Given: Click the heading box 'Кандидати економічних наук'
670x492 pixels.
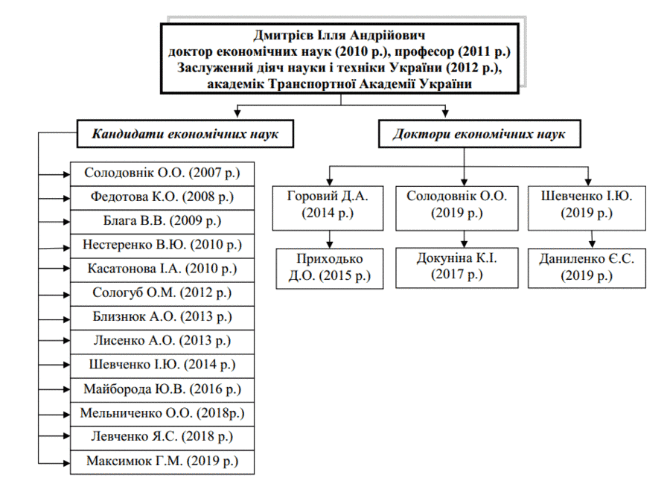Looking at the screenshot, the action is [185, 134].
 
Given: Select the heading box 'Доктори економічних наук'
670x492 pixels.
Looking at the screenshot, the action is [479, 134].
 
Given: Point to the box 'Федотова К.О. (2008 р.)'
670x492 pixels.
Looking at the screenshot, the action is [162, 197].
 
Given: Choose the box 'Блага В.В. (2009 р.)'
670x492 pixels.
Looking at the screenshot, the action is [162, 221].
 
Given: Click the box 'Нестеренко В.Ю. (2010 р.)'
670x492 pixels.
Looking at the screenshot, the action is [162, 246].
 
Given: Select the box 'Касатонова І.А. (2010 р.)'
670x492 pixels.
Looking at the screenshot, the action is [162, 269].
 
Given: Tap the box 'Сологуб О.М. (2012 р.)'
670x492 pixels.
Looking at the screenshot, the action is [162, 293].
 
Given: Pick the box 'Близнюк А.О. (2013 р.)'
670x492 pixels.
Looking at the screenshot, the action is [162, 317].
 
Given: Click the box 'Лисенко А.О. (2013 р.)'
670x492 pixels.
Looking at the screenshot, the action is [162, 341].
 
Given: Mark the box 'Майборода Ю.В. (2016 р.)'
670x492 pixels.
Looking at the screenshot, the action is [162, 389].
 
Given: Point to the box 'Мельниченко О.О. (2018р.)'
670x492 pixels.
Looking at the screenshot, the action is [162, 414].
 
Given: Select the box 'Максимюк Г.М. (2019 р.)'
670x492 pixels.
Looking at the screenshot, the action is [162, 462].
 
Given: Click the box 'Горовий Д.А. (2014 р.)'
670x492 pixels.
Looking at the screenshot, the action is [328, 208].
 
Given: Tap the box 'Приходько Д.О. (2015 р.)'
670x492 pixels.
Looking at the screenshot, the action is [330, 269].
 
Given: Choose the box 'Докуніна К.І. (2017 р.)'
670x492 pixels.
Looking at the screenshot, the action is [457, 268].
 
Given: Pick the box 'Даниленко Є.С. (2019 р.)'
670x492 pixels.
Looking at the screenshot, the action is [587, 268].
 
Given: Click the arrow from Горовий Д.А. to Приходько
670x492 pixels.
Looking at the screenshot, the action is [330, 239].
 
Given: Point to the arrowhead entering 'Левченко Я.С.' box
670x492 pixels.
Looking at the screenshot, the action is [66, 436].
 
